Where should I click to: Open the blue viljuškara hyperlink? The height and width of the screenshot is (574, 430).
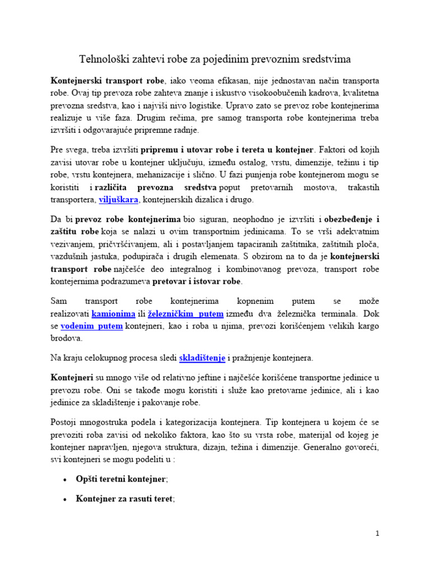(118, 200)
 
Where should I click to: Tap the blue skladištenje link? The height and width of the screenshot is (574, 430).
(202, 357)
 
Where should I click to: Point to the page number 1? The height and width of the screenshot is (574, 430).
(378, 534)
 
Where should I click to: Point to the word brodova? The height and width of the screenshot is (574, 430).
(68, 339)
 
